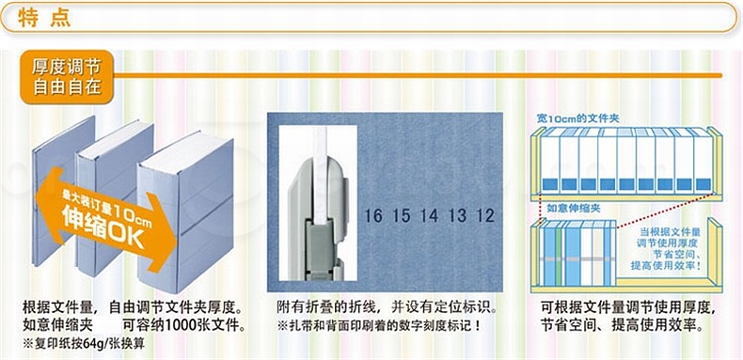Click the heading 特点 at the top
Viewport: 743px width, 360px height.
(x=44, y=19)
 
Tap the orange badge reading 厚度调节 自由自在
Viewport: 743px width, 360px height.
(x=67, y=77)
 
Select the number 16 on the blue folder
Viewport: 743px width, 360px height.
(x=373, y=216)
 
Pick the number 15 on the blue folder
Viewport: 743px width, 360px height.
(x=402, y=216)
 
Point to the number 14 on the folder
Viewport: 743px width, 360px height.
(x=429, y=216)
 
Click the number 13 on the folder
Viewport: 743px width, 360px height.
(x=458, y=216)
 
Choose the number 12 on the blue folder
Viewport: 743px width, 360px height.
(x=485, y=216)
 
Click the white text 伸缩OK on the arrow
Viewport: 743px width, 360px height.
(x=103, y=228)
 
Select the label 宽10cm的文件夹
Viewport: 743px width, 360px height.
(x=577, y=117)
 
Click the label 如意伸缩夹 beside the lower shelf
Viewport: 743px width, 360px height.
(x=569, y=208)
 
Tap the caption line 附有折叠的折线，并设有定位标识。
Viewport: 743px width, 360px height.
(x=387, y=308)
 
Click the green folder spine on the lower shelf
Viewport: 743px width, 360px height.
(x=559, y=255)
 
